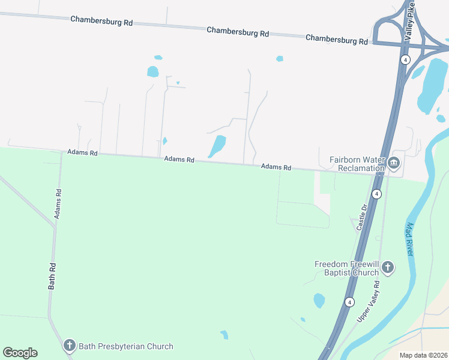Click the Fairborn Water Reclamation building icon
(394, 163)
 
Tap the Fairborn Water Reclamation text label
(357, 164)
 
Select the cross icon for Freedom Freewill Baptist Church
(388, 268)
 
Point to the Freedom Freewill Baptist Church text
(347, 268)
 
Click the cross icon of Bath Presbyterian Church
(70, 346)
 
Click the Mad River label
(410, 239)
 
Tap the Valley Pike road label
(409, 21)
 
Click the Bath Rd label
(52, 276)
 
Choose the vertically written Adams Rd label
(58, 203)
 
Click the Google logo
(20, 353)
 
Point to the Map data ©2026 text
(423, 355)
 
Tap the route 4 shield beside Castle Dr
(376, 194)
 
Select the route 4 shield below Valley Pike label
(405, 59)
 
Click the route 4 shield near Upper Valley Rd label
(349, 302)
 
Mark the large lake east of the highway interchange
(432, 84)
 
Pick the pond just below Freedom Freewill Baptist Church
(319, 300)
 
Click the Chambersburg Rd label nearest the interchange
(336, 39)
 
